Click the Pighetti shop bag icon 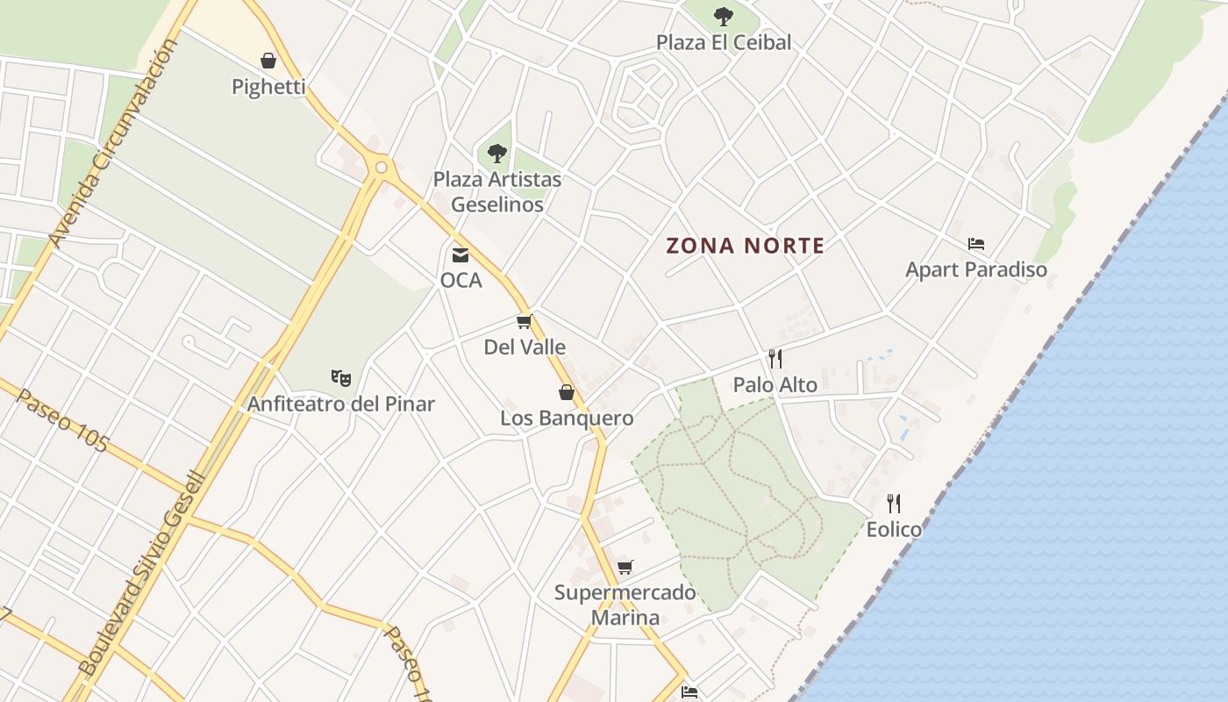click(268, 61)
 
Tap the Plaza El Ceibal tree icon click(723, 16)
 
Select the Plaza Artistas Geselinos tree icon click(497, 154)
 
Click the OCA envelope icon click(460, 255)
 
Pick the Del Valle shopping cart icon click(525, 322)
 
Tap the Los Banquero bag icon click(567, 392)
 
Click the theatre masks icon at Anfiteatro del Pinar click(341, 378)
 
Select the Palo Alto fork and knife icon click(775, 359)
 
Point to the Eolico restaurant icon click(894, 504)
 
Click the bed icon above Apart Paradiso click(976, 243)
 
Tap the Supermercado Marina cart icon click(625, 567)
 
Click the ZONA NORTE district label click(746, 246)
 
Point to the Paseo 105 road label click(61, 420)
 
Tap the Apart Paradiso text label click(976, 269)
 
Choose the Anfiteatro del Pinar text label click(341, 405)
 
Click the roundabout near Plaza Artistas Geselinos click(381, 167)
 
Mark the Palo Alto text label click(775, 385)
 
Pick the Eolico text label click(894, 529)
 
